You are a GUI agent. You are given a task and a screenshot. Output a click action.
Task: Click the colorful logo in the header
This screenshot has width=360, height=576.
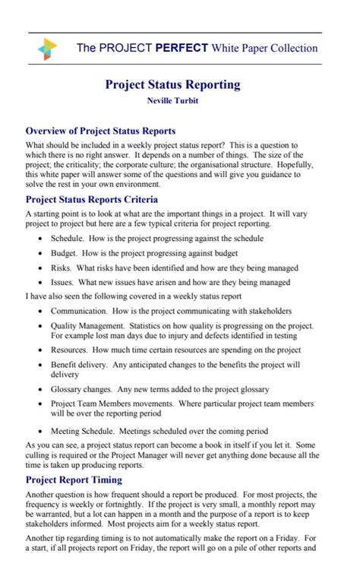tap(47, 49)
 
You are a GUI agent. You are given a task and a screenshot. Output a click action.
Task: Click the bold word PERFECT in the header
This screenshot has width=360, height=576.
tap(182, 48)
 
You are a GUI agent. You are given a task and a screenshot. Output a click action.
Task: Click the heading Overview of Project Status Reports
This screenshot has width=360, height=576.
tap(100, 131)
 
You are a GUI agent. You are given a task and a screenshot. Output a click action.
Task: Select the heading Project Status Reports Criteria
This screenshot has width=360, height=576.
tap(92, 200)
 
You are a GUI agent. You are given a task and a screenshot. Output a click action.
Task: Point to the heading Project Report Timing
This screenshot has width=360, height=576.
tap(74, 479)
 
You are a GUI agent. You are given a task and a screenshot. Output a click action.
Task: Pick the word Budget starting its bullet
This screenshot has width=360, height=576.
tap(65, 253)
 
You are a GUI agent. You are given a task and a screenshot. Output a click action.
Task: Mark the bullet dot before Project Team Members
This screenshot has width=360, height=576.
tap(41, 404)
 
